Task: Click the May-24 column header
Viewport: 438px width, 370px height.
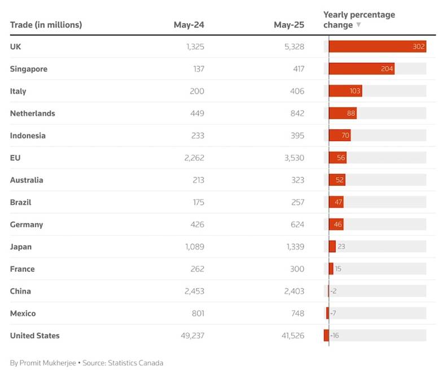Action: pos(189,25)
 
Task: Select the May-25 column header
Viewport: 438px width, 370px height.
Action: pos(289,25)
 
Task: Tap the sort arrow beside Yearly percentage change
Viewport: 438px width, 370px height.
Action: pos(358,25)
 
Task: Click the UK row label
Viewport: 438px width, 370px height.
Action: pos(16,47)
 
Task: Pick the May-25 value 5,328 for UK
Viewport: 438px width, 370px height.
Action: pos(292,47)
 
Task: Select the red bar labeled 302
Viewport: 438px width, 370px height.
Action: pos(377,47)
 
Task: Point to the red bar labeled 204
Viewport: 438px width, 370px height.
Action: pos(361,69)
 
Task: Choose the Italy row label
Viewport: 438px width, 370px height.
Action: pos(18,91)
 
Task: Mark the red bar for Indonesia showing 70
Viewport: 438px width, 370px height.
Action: pos(340,136)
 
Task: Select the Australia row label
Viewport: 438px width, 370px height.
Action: pos(27,180)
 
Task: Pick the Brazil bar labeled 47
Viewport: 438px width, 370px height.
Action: pos(336,202)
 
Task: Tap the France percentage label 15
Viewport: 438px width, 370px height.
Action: pos(338,269)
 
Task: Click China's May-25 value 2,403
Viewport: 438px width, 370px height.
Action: pos(292,291)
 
